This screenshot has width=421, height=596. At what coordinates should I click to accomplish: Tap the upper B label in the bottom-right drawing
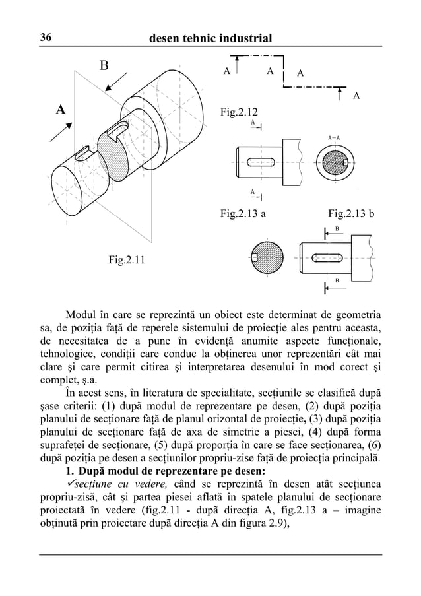(x=337, y=228)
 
